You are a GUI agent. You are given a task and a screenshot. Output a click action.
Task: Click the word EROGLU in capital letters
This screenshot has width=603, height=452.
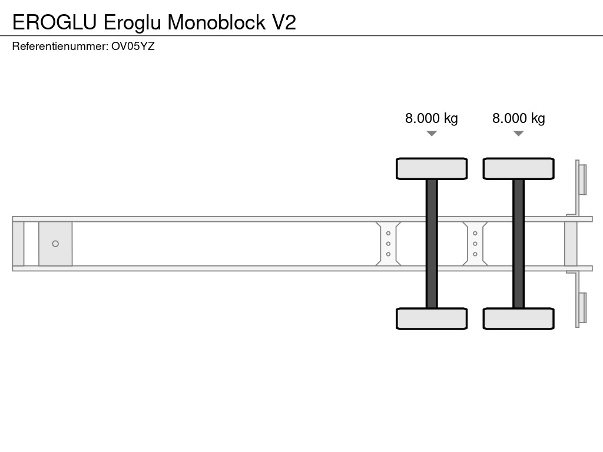click(55, 22)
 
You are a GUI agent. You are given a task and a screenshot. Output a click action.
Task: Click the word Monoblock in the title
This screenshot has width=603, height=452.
click(216, 22)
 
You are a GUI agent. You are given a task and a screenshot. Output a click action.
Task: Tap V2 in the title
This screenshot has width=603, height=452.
click(283, 22)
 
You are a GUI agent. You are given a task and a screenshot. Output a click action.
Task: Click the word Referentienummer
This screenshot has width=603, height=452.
click(59, 46)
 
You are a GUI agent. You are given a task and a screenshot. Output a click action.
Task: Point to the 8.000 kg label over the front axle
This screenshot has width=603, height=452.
click(431, 118)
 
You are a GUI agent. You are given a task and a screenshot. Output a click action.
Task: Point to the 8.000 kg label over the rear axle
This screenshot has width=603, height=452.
click(518, 118)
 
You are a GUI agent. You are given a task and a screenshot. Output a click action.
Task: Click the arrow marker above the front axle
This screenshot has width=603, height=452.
click(432, 134)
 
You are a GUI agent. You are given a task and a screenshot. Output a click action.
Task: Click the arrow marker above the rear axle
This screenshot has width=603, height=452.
click(518, 134)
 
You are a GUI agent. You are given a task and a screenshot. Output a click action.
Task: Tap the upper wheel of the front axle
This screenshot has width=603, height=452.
click(432, 169)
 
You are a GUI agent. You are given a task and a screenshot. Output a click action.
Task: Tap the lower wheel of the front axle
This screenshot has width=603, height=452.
click(432, 318)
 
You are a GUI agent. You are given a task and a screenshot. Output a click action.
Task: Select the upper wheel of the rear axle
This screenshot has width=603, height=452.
click(518, 169)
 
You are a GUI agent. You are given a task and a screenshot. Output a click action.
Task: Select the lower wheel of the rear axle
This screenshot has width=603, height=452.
click(518, 318)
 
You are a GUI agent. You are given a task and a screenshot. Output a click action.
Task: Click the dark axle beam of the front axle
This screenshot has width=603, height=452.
click(432, 244)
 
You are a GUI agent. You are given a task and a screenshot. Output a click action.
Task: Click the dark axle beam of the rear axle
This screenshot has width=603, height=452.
click(518, 244)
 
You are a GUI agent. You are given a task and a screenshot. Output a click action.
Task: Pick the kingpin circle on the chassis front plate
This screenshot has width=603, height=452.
click(55, 244)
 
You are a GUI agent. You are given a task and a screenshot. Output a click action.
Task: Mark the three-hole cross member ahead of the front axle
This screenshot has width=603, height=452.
click(389, 244)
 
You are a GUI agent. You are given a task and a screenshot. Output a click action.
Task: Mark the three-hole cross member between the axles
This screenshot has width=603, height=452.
click(475, 244)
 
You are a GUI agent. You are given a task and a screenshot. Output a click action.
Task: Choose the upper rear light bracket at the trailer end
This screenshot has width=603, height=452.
click(582, 179)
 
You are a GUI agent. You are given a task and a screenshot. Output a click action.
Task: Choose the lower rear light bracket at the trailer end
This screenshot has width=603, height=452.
click(582, 308)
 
